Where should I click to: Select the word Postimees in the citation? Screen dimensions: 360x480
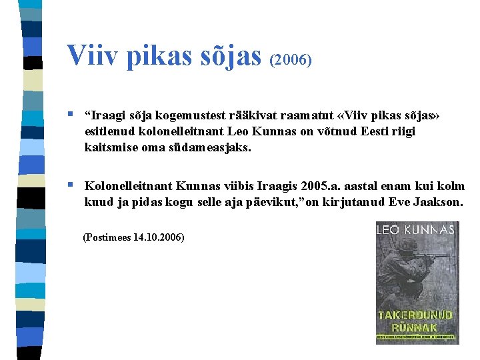(x=109, y=237)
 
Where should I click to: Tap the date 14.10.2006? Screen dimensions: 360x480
(x=158, y=237)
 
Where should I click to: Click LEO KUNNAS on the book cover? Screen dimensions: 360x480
(x=416, y=229)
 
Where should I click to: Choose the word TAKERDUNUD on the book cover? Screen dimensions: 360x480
(x=416, y=315)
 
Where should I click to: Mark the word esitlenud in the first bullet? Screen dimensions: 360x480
(x=109, y=131)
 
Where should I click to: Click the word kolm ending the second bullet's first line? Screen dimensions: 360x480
(x=451, y=186)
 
